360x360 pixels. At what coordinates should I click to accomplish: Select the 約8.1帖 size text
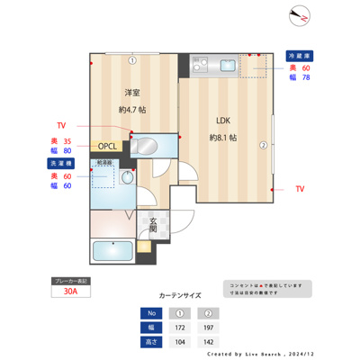click(222, 138)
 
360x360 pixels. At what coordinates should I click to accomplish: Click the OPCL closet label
click(109, 146)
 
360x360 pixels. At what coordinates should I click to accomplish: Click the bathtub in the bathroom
click(112, 251)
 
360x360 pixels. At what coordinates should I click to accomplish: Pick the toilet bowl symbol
click(127, 178)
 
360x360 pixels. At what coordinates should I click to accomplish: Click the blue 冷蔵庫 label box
click(300, 55)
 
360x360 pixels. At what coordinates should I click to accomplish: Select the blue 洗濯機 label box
click(60, 163)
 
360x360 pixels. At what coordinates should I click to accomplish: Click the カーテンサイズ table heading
click(179, 294)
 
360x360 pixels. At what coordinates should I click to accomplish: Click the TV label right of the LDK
click(300, 190)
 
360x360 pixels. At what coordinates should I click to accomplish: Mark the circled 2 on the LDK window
click(263, 144)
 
